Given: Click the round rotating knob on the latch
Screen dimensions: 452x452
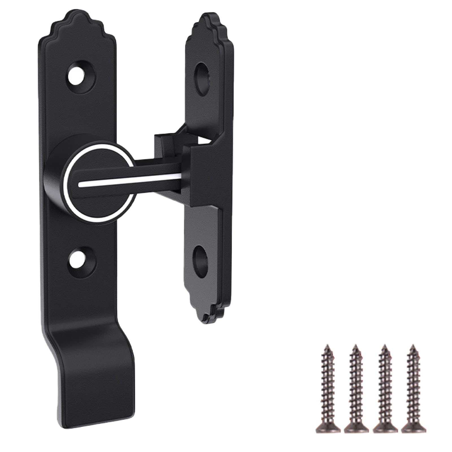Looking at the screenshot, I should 97,185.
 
